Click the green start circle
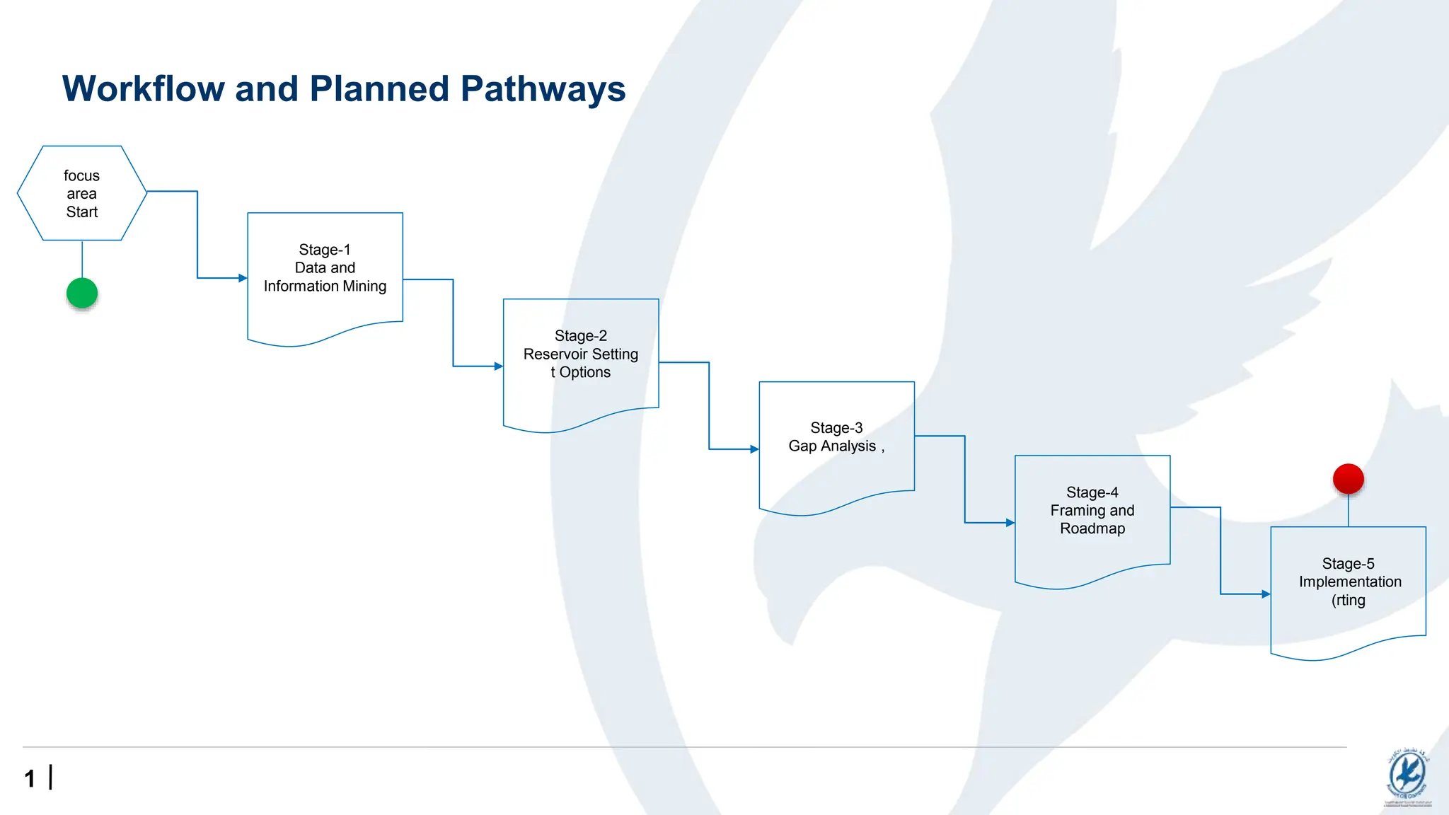[82, 293]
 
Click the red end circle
[1348, 479]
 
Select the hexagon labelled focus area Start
[82, 193]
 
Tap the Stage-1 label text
[325, 250]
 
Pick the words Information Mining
[325, 287]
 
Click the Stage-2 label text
[580, 336]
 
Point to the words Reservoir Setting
[580, 354]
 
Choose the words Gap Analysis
[832, 446]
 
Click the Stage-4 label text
[1092, 492]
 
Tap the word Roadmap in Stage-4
[1092, 529]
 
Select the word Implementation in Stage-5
[1349, 582]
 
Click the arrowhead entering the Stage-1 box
[243, 278]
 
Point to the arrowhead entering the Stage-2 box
[498, 366]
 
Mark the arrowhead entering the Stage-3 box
[754, 449]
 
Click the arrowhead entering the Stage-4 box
[1010, 523]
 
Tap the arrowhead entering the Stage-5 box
[1266, 594]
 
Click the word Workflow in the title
[144, 89]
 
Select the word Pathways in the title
[543, 89]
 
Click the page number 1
[30, 779]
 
